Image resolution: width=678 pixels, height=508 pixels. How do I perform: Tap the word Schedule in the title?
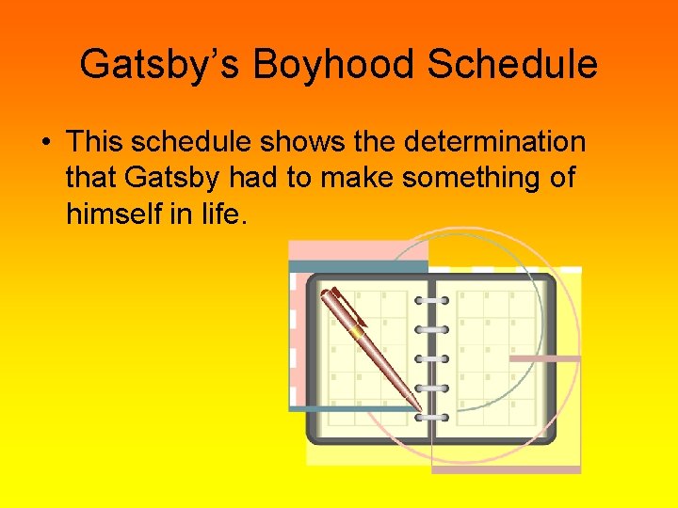pyautogui.click(x=512, y=65)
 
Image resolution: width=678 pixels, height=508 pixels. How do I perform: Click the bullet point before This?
pyautogui.click(x=44, y=143)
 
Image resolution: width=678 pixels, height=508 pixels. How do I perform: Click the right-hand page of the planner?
pyautogui.click(x=494, y=357)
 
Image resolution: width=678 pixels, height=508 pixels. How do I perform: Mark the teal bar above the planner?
pyautogui.click(x=358, y=266)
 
